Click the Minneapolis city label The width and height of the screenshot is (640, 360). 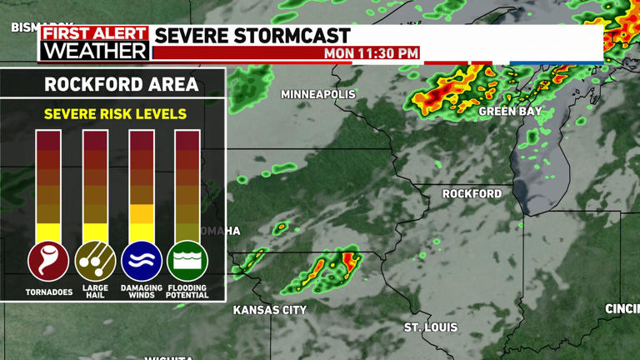point(317,94)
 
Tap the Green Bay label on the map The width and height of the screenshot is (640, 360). point(510,111)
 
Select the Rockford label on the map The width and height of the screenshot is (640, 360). point(472,193)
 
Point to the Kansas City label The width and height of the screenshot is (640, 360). point(269,310)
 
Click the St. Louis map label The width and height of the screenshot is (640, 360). point(431,327)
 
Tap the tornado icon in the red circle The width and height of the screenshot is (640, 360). point(48,261)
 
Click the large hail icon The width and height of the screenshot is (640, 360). point(95,261)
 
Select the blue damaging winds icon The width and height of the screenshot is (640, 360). point(142,261)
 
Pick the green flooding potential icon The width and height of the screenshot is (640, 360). point(187,261)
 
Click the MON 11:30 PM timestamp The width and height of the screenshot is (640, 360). point(371,53)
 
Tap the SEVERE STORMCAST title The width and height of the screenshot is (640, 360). point(252,35)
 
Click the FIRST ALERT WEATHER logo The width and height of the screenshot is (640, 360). point(95,43)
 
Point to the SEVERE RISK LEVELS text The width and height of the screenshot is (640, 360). point(115,114)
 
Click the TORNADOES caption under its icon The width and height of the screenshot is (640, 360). point(48,292)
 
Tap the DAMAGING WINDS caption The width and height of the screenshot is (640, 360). point(142,292)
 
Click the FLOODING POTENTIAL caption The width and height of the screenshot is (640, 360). point(187,292)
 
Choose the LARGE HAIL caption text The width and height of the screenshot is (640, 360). point(95,292)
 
